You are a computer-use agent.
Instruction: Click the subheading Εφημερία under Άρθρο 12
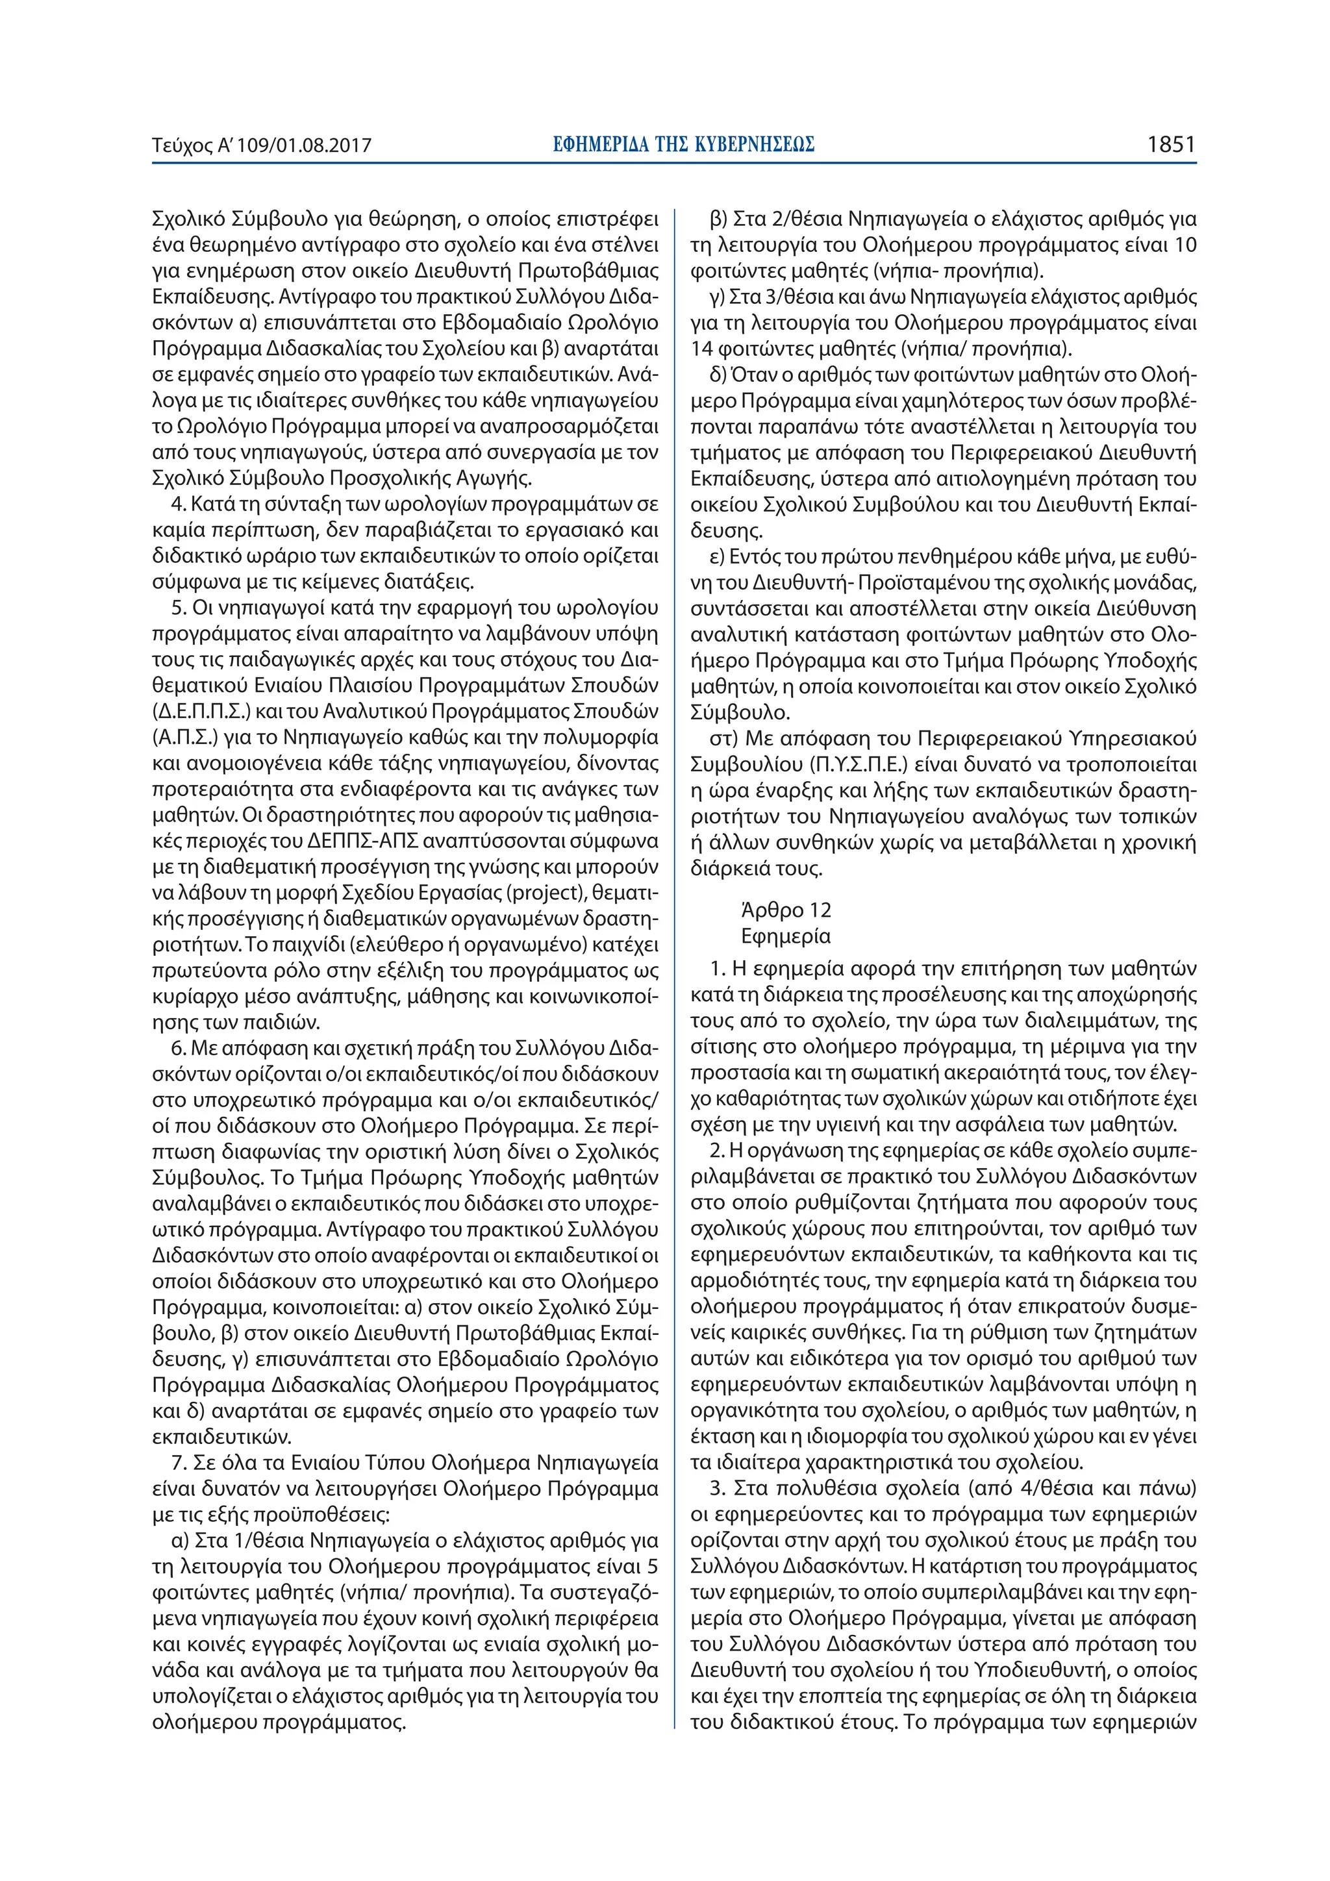pyautogui.click(x=785, y=936)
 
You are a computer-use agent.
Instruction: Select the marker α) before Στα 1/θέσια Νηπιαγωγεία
pyautogui.click(x=181, y=1541)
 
